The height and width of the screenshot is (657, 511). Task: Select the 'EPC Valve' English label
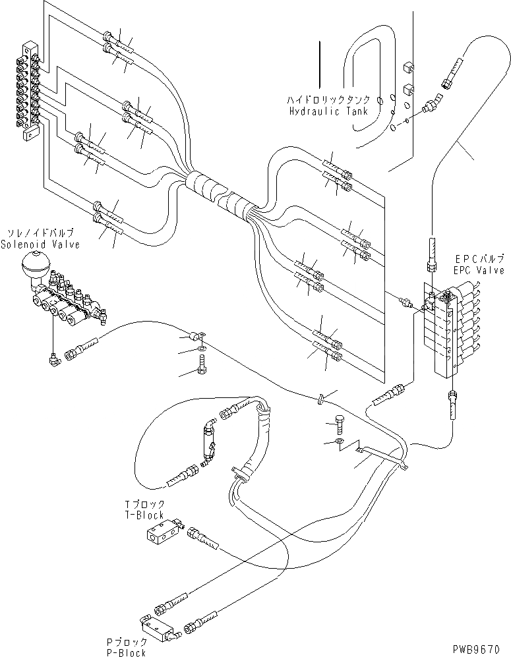pos(479,270)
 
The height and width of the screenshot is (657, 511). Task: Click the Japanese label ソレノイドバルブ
pos(40,233)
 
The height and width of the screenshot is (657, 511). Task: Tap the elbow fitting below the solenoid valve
pos(52,358)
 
